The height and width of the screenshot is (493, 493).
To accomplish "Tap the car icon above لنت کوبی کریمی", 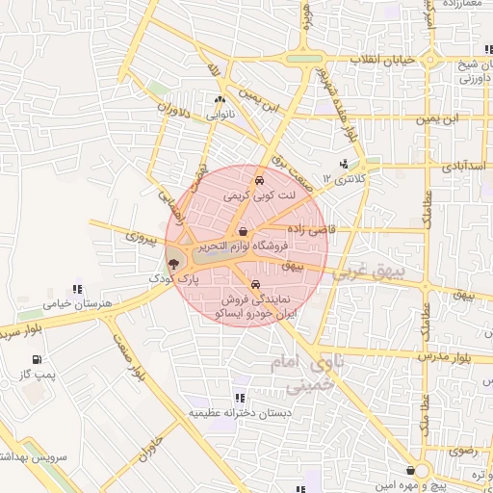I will click(258, 180).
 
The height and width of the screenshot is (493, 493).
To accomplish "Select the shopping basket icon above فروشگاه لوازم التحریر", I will click(242, 231).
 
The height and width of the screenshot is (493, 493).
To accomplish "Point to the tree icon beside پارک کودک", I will click(172, 262).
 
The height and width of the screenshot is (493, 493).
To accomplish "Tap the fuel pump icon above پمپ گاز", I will click(36, 360).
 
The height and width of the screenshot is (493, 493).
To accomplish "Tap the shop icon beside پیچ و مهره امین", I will click(412, 471).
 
